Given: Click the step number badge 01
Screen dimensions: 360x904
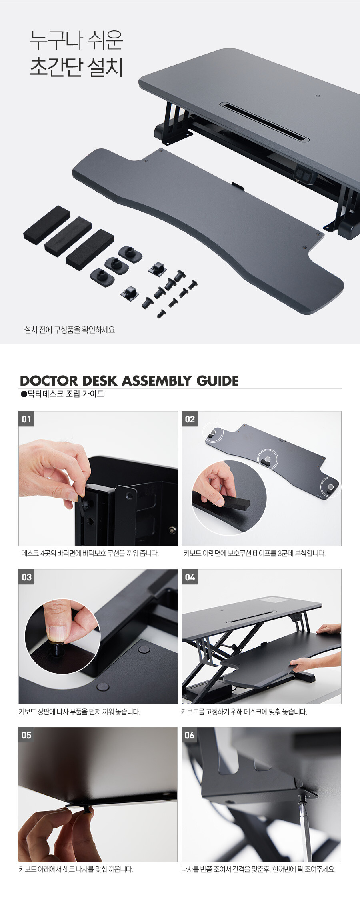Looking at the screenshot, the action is pyautogui.click(x=26, y=419).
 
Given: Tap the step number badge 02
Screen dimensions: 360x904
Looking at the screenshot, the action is pyautogui.click(x=190, y=419).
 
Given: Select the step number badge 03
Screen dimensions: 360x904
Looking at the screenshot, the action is pyautogui.click(x=26, y=577).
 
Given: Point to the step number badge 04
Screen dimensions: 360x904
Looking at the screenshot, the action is pyautogui.click(x=190, y=577).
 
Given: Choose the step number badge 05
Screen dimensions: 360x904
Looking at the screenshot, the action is pyautogui.click(x=26, y=735).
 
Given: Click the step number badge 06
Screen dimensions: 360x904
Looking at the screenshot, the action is pyautogui.click(x=190, y=735).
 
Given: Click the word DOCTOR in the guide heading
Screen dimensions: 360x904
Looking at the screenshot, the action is pyautogui.click(x=48, y=380).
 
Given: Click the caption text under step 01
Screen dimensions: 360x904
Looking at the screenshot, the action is pyautogui.click(x=90, y=554).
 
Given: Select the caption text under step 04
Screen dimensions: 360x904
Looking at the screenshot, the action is pyautogui.click(x=244, y=712).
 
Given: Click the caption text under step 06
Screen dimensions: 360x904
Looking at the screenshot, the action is pyautogui.click(x=258, y=869).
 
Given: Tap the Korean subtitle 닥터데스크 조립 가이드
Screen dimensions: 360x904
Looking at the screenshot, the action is pyautogui.click(x=62, y=394).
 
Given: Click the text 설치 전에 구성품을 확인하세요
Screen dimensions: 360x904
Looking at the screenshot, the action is pyautogui.click(x=70, y=330).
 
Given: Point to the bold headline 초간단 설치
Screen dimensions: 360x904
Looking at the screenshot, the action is pyautogui.click(x=76, y=66).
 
